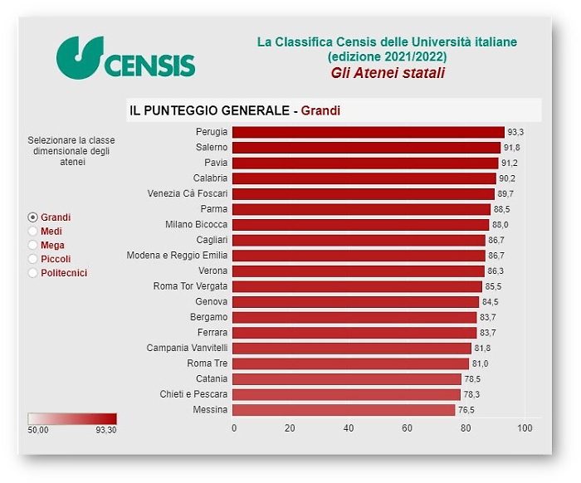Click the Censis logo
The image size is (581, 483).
[125, 57]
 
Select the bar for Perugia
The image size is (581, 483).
[368, 132]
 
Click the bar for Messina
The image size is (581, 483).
[344, 410]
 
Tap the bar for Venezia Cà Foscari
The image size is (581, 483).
[363, 193]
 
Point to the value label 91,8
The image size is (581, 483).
[512, 148]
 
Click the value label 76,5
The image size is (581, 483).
[467, 410]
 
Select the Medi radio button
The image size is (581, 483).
[33, 232]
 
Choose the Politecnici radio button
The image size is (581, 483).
[33, 273]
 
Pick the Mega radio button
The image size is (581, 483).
[33, 246]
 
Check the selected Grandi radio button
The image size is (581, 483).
[33, 217]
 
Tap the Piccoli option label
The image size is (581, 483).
[56, 259]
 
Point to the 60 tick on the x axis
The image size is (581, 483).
[408, 428]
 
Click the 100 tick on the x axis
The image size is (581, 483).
[524, 428]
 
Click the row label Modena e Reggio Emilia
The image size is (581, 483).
[177, 256]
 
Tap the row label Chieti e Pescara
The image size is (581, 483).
[193, 394]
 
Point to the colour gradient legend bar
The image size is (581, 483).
[72, 419]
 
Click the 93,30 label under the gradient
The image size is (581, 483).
[106, 431]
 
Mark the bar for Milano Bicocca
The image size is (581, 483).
[360, 225]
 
